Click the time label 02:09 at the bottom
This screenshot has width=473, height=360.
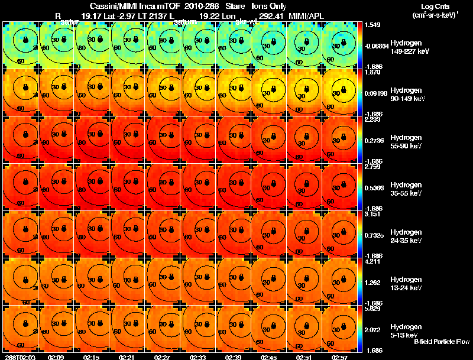[56, 357]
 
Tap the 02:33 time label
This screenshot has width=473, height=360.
[198, 357]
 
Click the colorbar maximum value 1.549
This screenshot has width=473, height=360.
[372, 25]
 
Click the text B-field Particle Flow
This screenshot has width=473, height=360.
[441, 342]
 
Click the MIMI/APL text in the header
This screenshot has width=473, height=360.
[306, 15]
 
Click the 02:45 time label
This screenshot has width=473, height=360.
[269, 357]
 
